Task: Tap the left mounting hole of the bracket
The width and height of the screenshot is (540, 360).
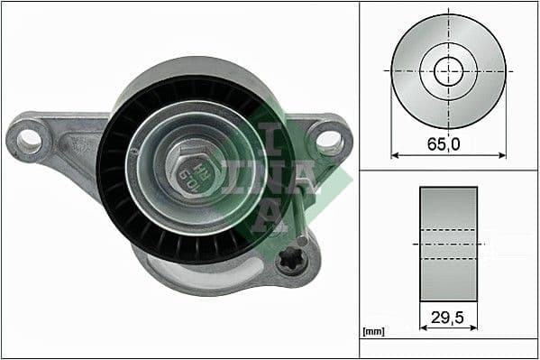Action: [x=30, y=139]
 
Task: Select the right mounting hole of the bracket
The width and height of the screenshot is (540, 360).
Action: [x=329, y=141]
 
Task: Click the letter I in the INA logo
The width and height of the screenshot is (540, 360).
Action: [x=270, y=135]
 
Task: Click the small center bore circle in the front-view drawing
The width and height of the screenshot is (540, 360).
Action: [x=448, y=70]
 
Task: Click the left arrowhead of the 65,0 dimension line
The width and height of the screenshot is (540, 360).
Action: [x=394, y=155]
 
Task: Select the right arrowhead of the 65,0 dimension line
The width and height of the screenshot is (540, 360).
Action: [x=502, y=155]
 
